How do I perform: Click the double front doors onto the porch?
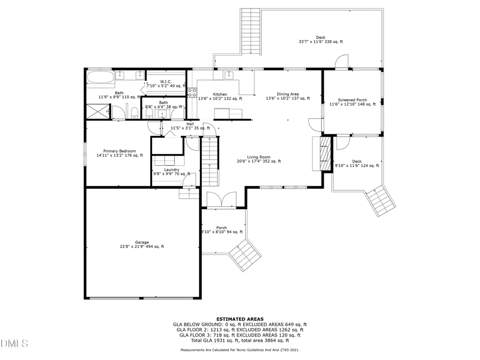[x=220, y=199]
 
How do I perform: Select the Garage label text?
[x=127, y=242]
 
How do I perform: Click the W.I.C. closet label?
[x=165, y=82]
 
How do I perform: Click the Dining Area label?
[x=287, y=94]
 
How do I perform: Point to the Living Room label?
[x=259, y=157]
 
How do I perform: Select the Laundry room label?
[x=172, y=170]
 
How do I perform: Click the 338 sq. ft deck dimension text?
[x=321, y=42]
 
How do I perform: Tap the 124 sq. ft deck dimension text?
[x=357, y=166]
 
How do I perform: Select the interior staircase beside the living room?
[x=210, y=160]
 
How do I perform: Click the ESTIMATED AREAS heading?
[x=239, y=318]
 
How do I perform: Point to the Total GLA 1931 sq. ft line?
[x=239, y=340]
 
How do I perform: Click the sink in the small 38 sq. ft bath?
[x=162, y=114]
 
